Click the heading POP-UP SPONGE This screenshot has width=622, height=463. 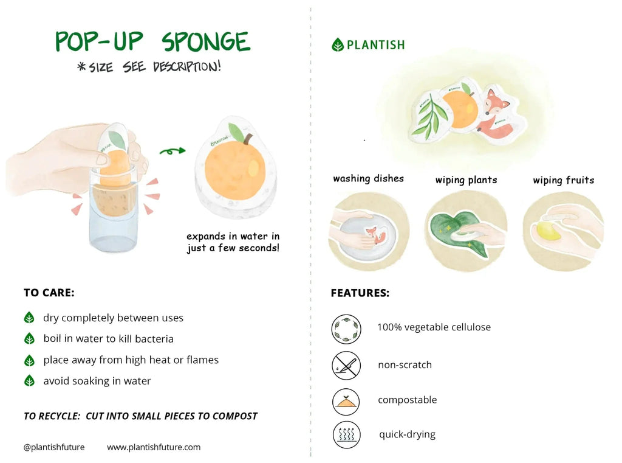click(x=152, y=42)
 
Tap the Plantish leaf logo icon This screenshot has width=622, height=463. click(x=338, y=44)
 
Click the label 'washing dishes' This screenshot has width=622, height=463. click(x=368, y=178)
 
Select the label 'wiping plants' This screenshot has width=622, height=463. click(x=466, y=180)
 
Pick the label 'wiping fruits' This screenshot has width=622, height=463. click(x=563, y=180)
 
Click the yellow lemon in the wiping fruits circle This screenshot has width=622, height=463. click(x=548, y=229)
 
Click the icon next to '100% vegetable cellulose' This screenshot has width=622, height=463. click(x=346, y=329)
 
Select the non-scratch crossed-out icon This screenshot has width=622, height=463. click(x=346, y=366)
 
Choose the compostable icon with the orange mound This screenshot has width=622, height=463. click(x=346, y=401)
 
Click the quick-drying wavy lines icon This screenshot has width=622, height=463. click(x=346, y=435)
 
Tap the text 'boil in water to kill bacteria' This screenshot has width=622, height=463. click(x=108, y=339)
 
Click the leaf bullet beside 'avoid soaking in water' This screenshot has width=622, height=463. click(x=29, y=381)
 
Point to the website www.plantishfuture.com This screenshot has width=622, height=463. click(x=154, y=447)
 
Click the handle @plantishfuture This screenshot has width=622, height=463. click(x=54, y=447)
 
